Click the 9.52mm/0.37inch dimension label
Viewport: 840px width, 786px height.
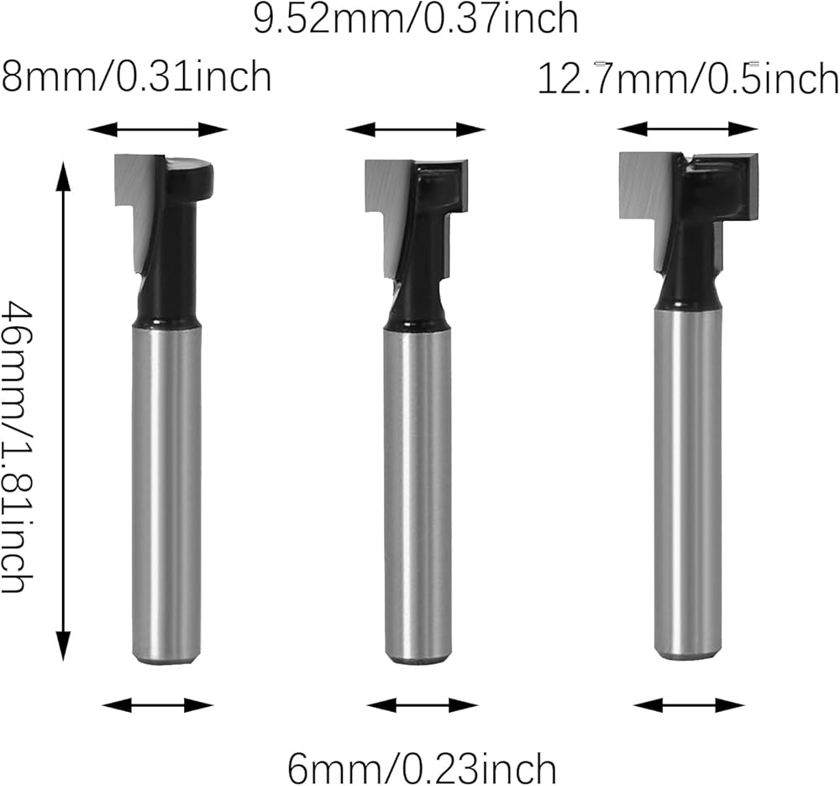pos(416,18)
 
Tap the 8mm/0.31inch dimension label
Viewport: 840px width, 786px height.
pos(137,76)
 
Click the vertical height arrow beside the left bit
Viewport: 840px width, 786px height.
pos(64,411)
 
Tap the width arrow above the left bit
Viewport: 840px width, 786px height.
pos(158,129)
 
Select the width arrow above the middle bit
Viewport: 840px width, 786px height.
pos(415,129)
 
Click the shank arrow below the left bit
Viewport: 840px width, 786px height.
pos(158,705)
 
